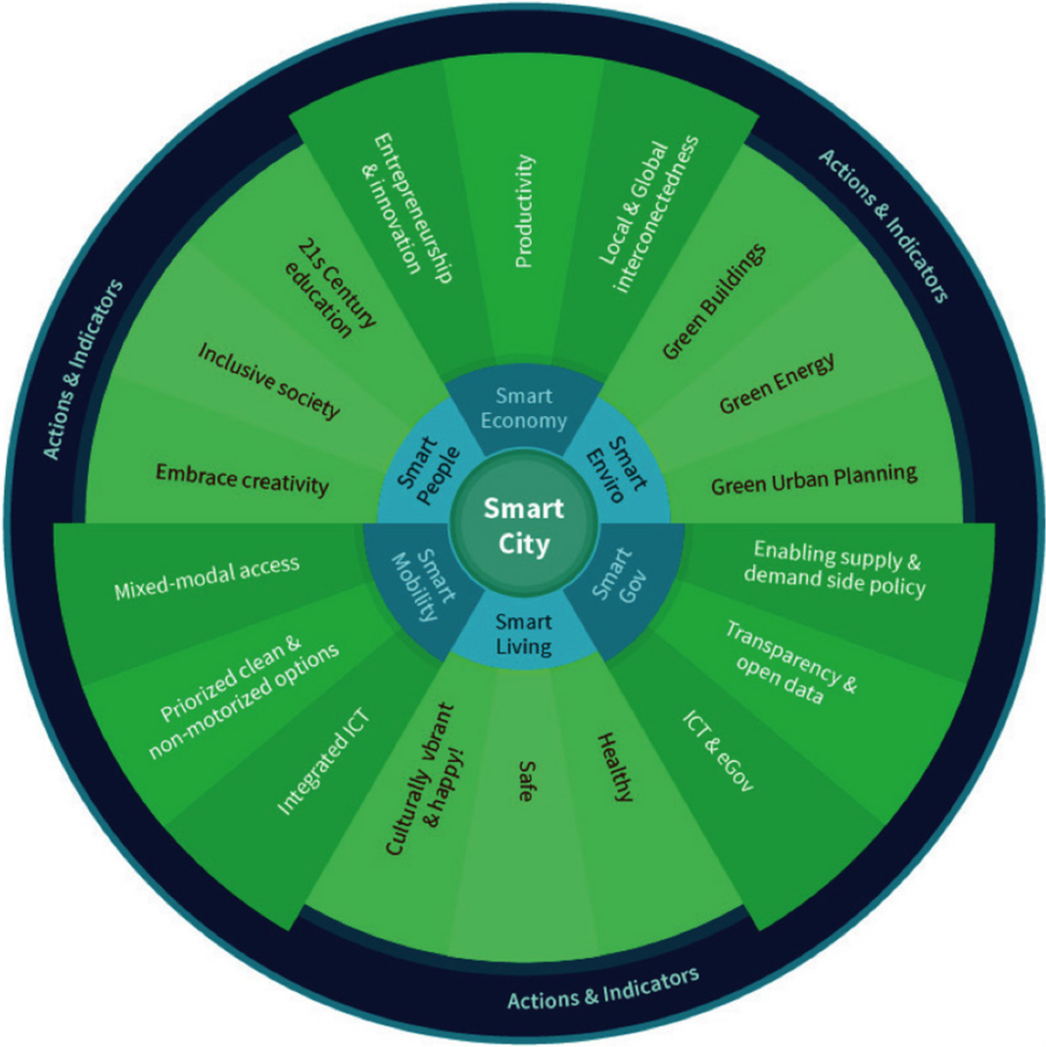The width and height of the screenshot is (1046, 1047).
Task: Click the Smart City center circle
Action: click(524, 526)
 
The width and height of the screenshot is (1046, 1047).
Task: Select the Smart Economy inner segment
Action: click(524, 408)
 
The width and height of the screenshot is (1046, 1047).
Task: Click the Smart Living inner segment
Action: click(524, 634)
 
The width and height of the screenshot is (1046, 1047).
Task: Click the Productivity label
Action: click(524, 211)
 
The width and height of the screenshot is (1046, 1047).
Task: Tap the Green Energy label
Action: click(777, 384)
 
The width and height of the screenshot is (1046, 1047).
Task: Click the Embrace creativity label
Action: click(242, 479)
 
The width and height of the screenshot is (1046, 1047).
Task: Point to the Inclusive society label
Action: click(268, 380)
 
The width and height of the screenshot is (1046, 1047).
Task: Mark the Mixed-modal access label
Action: click(207, 578)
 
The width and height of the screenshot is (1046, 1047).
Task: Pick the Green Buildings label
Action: click(715, 302)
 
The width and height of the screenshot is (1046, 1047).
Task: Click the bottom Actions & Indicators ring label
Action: click(603, 989)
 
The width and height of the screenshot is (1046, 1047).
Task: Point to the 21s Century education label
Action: click(331, 287)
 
